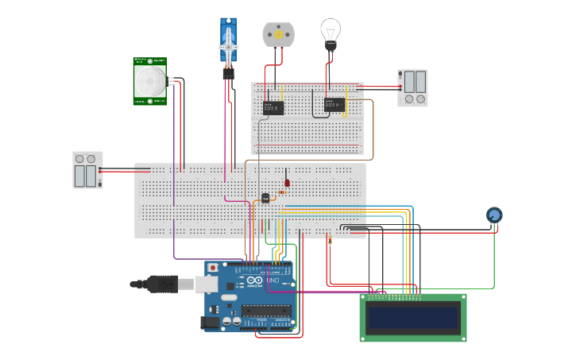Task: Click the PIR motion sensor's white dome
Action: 149,80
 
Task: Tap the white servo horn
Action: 229,45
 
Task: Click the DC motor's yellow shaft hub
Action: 278,34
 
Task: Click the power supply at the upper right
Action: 412,87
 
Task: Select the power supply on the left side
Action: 87,170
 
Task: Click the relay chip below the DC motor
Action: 273,107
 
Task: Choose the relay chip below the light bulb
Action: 334,105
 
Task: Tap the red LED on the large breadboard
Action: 287,183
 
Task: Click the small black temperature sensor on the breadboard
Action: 265,198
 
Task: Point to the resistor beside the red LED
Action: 282,192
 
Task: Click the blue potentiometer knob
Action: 494,215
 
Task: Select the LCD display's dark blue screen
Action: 412,318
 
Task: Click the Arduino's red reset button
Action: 213,268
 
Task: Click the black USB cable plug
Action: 163,284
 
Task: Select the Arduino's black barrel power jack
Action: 211,322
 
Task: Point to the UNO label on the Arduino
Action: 272,281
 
